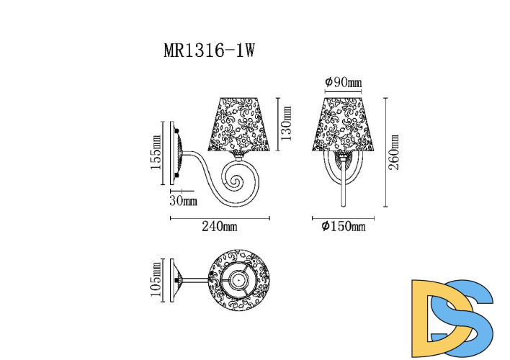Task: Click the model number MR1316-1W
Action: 211,51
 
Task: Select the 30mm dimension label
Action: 184,199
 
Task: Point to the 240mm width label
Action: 220,227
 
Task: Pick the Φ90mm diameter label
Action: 344,82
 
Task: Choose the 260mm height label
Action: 395,152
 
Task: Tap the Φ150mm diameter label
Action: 344,227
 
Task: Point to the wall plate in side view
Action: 174,152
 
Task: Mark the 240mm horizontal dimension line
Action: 220,217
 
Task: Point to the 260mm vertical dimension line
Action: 385,152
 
